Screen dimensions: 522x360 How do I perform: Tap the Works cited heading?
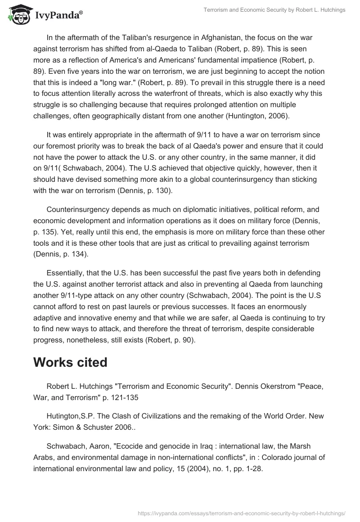click(x=70, y=363)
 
